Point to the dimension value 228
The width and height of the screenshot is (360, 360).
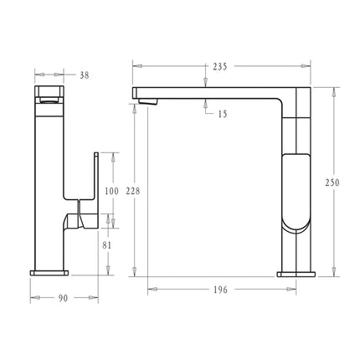click(132, 191)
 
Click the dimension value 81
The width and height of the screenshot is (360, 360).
click(107, 245)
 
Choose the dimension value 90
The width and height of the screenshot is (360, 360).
click(63, 298)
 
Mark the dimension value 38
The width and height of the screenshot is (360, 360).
click(84, 75)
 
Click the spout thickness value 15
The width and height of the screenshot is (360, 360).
click(220, 115)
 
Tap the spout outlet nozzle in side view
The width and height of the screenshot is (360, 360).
click(149, 101)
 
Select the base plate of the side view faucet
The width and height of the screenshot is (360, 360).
click(296, 271)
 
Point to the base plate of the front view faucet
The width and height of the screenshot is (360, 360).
click(49, 271)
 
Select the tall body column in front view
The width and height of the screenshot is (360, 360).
click(50, 167)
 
